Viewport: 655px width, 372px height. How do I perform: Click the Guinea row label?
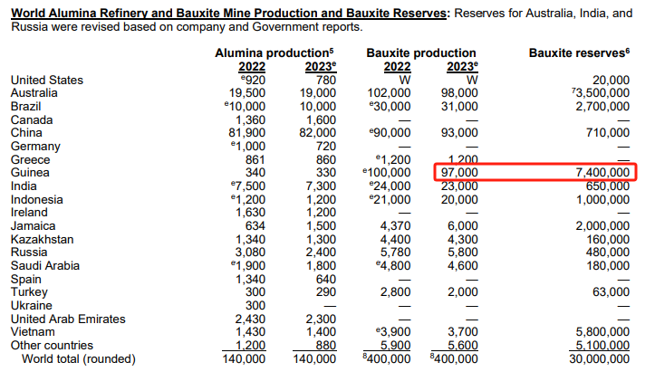click(x=30, y=173)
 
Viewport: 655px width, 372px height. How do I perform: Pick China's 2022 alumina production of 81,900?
click(x=247, y=133)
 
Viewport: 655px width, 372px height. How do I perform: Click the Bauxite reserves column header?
click(x=578, y=54)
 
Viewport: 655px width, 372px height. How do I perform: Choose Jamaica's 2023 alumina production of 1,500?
click(x=320, y=226)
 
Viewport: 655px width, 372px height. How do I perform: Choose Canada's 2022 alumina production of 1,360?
click(x=251, y=119)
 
